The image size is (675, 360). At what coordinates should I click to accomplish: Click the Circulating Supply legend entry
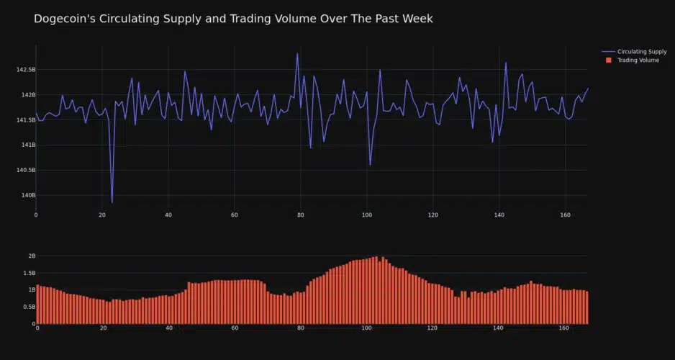641,52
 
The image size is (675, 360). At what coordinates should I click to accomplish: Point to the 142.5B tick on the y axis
25,70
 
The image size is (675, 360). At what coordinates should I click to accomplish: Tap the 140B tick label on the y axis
28,195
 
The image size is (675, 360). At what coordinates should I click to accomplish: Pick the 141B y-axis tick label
28,145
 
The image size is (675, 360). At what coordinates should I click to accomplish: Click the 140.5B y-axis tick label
25,170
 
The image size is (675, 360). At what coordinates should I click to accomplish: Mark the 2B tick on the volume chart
31,256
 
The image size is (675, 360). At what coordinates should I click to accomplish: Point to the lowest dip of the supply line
112,202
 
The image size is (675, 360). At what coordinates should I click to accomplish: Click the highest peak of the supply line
297,53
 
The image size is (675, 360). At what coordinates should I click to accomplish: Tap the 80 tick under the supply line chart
301,215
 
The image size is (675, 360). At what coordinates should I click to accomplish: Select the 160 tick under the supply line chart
565,215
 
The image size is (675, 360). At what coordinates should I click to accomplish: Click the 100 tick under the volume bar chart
367,328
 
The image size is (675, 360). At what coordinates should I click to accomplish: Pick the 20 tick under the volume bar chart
103,328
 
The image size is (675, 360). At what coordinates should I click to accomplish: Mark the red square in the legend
608,60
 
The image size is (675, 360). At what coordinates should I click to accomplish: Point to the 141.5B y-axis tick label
25,120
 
